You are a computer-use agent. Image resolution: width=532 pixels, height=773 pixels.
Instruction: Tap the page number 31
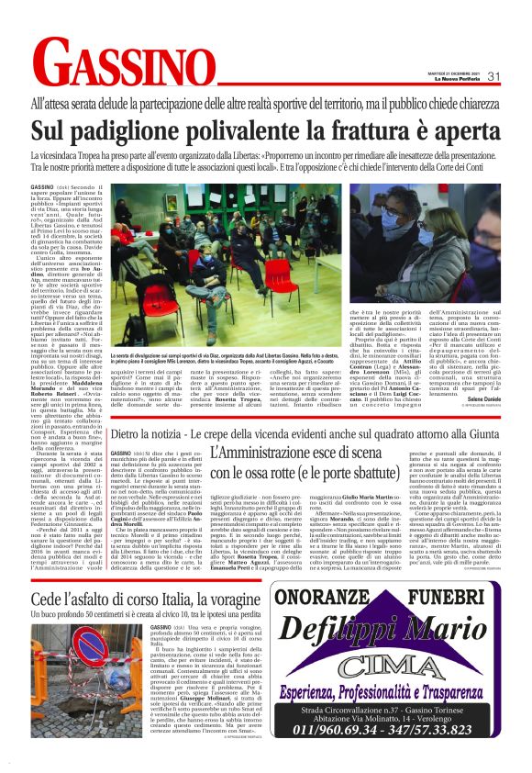tap(493, 76)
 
